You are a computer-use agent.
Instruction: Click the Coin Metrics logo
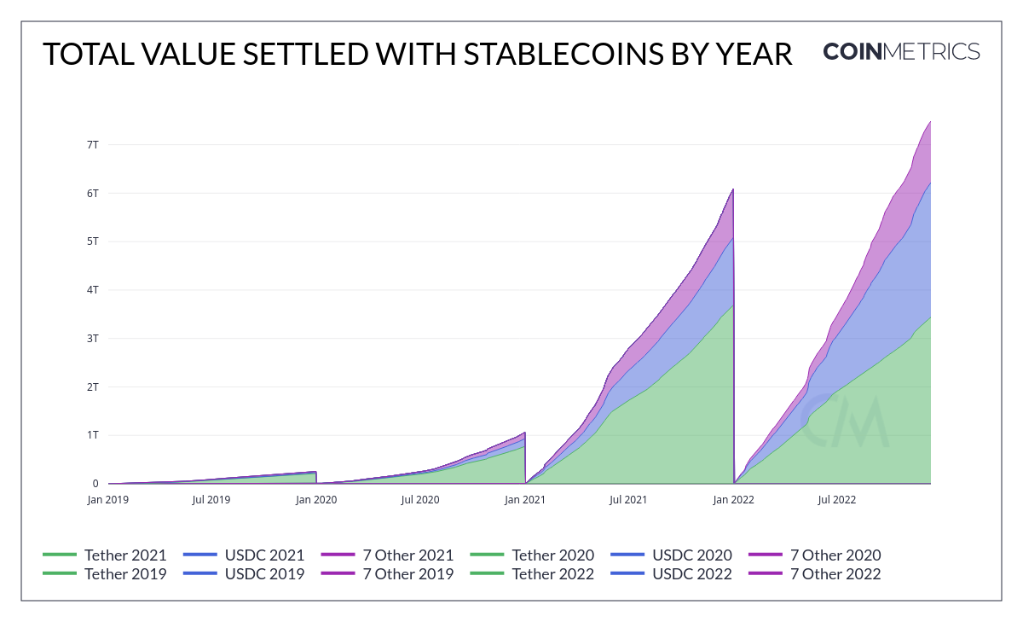(901, 52)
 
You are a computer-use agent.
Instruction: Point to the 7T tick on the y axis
(92, 144)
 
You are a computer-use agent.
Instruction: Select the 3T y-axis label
(92, 338)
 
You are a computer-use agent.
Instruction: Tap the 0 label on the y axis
(95, 484)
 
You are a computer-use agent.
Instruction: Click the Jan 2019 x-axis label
(108, 500)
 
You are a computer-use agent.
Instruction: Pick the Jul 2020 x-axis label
(420, 500)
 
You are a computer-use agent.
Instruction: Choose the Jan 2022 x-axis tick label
(734, 500)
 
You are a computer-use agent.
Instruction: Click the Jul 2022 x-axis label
(836, 500)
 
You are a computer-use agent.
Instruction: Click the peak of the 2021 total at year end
(732, 189)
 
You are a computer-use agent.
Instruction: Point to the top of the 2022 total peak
(929, 121)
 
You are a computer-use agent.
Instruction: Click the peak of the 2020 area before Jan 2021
(524, 433)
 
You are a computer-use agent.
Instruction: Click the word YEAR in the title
(751, 54)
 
